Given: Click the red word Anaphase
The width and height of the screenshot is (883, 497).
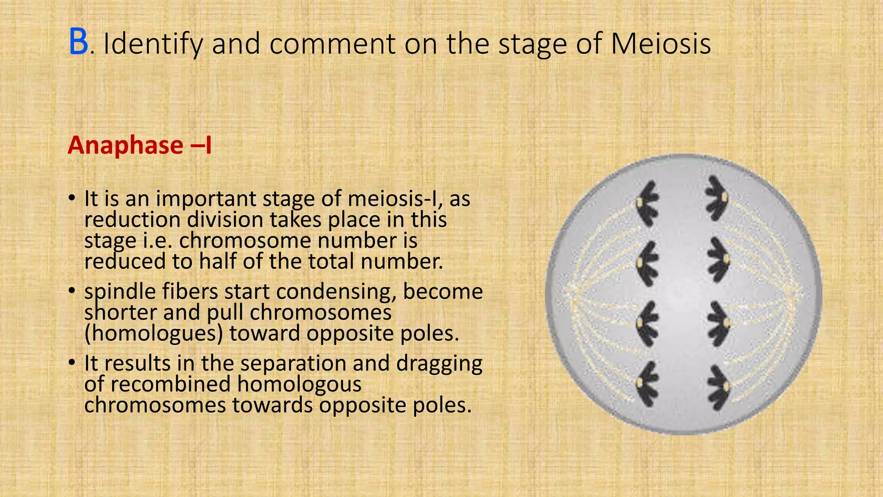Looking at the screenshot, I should point(125,145).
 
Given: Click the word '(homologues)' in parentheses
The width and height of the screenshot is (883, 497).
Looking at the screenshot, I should point(153,333).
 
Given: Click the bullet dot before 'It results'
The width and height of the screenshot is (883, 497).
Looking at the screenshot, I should point(72,363).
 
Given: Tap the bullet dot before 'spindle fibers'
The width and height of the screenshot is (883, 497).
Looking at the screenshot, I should point(72,291).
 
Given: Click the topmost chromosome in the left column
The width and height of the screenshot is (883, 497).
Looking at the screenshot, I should point(647,203).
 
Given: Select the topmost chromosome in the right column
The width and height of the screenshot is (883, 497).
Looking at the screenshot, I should point(717,198).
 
